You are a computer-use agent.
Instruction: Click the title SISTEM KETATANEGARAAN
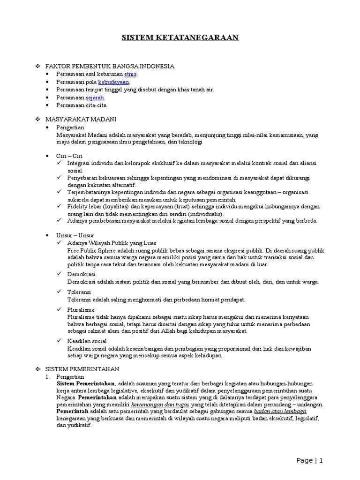(180, 38)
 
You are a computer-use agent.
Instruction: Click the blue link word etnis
(131, 74)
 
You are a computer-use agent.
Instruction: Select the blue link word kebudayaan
(113, 82)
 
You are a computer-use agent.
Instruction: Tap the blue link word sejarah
(95, 97)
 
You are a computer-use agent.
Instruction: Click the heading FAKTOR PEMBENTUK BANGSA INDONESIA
(110, 67)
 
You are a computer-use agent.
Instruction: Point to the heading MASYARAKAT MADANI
(81, 120)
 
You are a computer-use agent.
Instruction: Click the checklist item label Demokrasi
(81, 274)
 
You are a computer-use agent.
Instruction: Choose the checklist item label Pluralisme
(81, 310)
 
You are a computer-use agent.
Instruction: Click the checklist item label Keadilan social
(87, 341)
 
